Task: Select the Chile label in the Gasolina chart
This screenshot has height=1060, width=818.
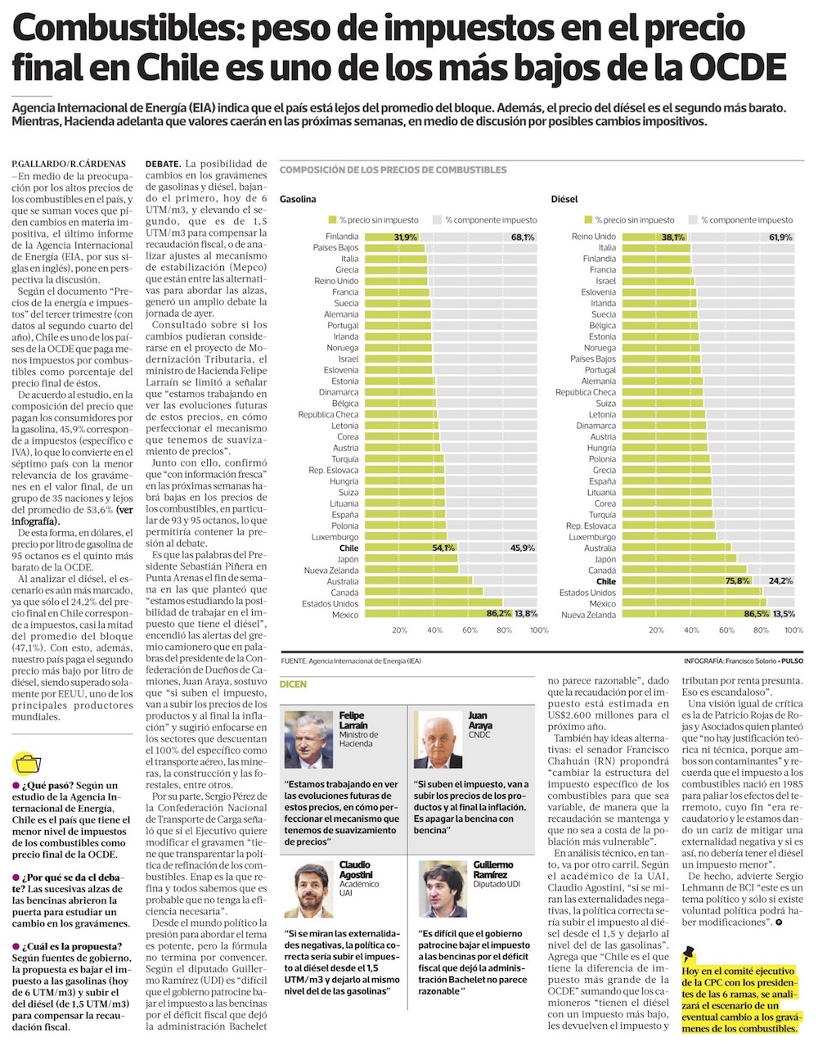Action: tap(348, 548)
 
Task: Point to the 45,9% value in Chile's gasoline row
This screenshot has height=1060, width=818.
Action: tap(523, 548)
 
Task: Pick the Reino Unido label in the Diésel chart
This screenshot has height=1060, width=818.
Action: tap(594, 237)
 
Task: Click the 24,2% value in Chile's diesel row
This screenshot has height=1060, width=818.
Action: tap(780, 581)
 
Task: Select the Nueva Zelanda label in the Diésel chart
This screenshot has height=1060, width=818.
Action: tap(588, 615)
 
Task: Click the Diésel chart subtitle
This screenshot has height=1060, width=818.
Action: tap(564, 199)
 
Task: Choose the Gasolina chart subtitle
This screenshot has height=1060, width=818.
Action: tap(298, 199)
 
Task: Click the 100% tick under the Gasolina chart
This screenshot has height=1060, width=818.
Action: tap(539, 630)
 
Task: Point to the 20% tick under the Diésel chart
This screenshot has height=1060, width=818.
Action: tap(656, 630)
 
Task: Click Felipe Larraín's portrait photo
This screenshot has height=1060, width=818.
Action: tap(308, 740)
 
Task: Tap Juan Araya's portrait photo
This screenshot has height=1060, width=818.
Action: tap(438, 740)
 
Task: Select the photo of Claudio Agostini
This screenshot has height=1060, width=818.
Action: tap(308, 890)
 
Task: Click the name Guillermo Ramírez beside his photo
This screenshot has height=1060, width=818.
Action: tap(492, 869)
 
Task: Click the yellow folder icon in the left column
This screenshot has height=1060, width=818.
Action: tap(27, 765)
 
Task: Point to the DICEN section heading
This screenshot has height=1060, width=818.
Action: tap(294, 683)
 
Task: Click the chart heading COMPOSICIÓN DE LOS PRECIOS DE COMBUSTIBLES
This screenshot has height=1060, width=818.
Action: tap(393, 170)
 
